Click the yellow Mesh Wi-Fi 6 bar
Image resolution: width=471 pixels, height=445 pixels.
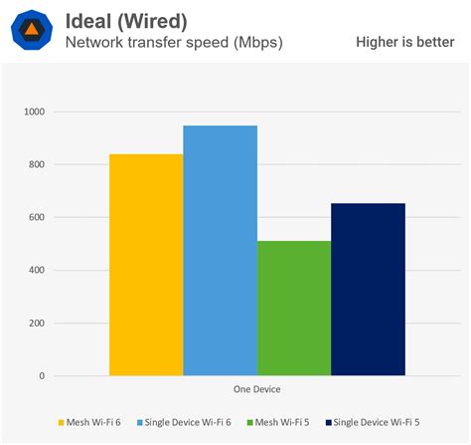tap(146, 265)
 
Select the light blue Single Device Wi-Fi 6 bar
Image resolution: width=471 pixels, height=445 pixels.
tap(221, 251)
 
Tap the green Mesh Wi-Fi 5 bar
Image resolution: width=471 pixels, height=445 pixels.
tap(294, 309)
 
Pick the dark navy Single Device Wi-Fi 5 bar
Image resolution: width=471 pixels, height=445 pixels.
tap(368, 290)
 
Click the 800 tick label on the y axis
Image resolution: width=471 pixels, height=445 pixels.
tap(36, 165)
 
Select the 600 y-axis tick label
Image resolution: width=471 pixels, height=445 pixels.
tap(36, 218)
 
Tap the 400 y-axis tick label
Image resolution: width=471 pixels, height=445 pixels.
tap(36, 271)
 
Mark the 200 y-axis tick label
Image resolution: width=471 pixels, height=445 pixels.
tap(36, 324)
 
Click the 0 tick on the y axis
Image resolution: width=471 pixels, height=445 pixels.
tap(42, 376)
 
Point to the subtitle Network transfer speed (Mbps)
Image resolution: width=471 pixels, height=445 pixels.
tap(173, 42)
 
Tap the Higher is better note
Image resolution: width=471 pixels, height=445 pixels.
tap(404, 42)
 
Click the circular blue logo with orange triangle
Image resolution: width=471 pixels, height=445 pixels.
tap(32, 30)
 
